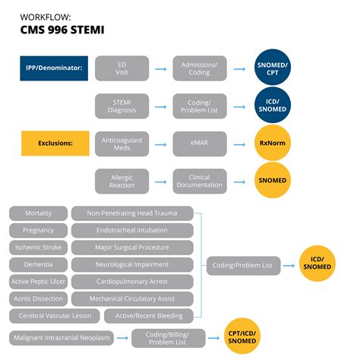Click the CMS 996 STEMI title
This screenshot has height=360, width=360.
click(62, 30)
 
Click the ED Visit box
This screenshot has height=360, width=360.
click(122, 68)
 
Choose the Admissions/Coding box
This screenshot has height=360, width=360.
click(199, 68)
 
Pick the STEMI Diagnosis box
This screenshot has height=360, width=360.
click(122, 106)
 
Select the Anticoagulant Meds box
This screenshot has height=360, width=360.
click(122, 143)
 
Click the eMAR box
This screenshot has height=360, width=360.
click(199, 143)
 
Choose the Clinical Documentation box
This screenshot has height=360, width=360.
click(199, 180)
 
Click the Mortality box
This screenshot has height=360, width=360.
click(38, 213)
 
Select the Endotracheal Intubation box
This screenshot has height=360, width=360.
click(132, 230)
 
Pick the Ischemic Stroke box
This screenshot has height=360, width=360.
click(38, 248)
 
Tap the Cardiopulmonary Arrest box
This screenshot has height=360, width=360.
click(132, 281)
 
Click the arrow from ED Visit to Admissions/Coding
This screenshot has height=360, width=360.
click(160, 68)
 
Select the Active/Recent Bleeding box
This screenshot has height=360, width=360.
click(132, 315)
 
